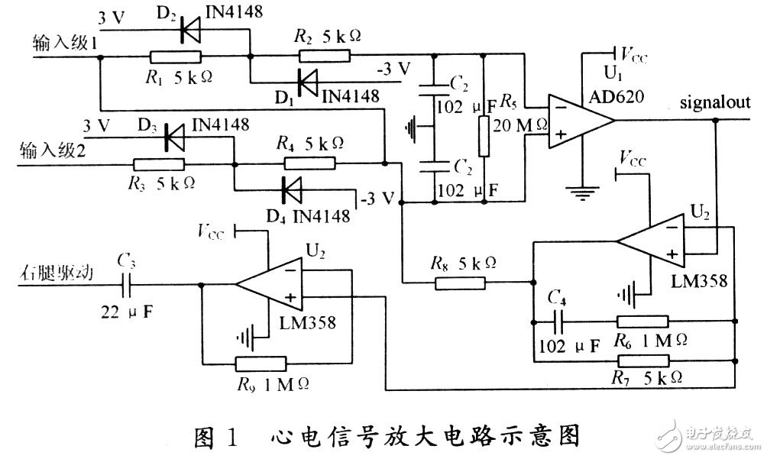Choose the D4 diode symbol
[291, 187]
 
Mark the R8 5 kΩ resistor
[459, 283]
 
